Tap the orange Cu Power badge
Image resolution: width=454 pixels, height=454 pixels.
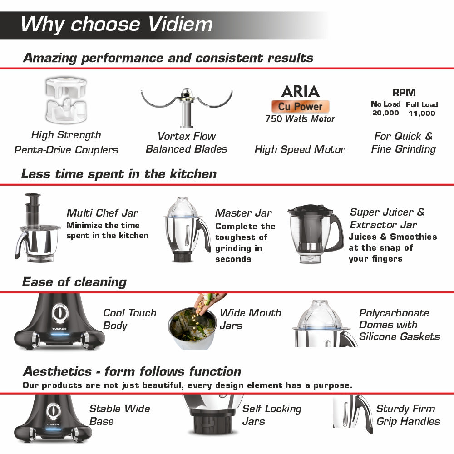pos(300,107)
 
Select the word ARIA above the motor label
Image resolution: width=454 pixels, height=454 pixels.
pos(300,91)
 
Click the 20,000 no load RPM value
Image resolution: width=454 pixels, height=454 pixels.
pos(385,113)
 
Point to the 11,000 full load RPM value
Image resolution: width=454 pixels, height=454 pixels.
pos(421,113)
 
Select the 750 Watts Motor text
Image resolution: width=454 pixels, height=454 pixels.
pos(300,119)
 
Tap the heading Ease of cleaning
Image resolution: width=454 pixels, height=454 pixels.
pos(74,282)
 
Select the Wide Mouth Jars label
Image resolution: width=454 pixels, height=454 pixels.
pos(250,319)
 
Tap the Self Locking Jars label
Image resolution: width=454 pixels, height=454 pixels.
pos(271,415)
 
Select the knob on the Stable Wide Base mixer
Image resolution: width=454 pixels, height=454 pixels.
pos(54,411)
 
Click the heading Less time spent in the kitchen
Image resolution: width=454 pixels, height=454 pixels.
pos(119,174)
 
